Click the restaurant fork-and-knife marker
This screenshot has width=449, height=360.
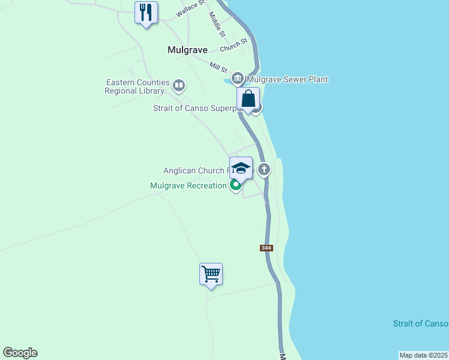[146, 13]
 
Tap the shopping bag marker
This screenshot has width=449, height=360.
[248, 100]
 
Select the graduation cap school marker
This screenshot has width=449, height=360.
[241, 169]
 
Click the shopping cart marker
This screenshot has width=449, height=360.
[211, 274]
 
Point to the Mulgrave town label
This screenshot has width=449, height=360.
[187, 50]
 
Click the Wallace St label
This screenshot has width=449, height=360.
[191, 10]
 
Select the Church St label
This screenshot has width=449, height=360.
[234, 45]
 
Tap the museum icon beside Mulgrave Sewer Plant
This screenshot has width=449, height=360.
[238, 78]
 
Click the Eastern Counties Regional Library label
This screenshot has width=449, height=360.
[137, 86]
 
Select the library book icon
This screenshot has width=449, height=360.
[179, 85]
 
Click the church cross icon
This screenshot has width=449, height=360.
[264, 170]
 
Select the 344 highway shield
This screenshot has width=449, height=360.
[267, 248]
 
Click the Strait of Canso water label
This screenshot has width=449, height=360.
[420, 323]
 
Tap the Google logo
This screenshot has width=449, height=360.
[20, 353]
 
